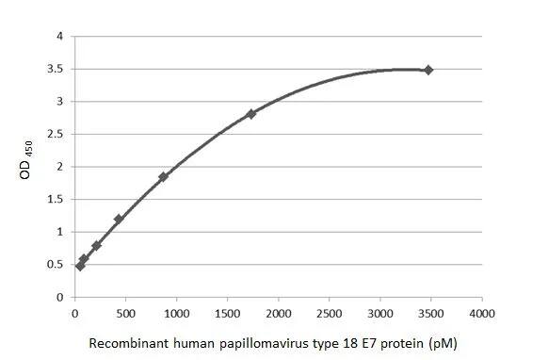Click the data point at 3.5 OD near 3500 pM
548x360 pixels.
point(428,70)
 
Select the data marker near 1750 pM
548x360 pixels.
point(251,114)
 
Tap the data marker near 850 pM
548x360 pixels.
point(163,176)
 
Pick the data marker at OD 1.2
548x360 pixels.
point(119,220)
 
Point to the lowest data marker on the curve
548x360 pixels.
point(80,266)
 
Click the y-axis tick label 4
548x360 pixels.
point(61,37)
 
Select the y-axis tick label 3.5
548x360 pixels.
point(56,70)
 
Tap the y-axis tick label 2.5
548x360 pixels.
point(56,135)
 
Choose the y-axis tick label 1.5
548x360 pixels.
point(56,200)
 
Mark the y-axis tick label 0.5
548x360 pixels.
point(56,265)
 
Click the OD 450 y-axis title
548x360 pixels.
point(30,167)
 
